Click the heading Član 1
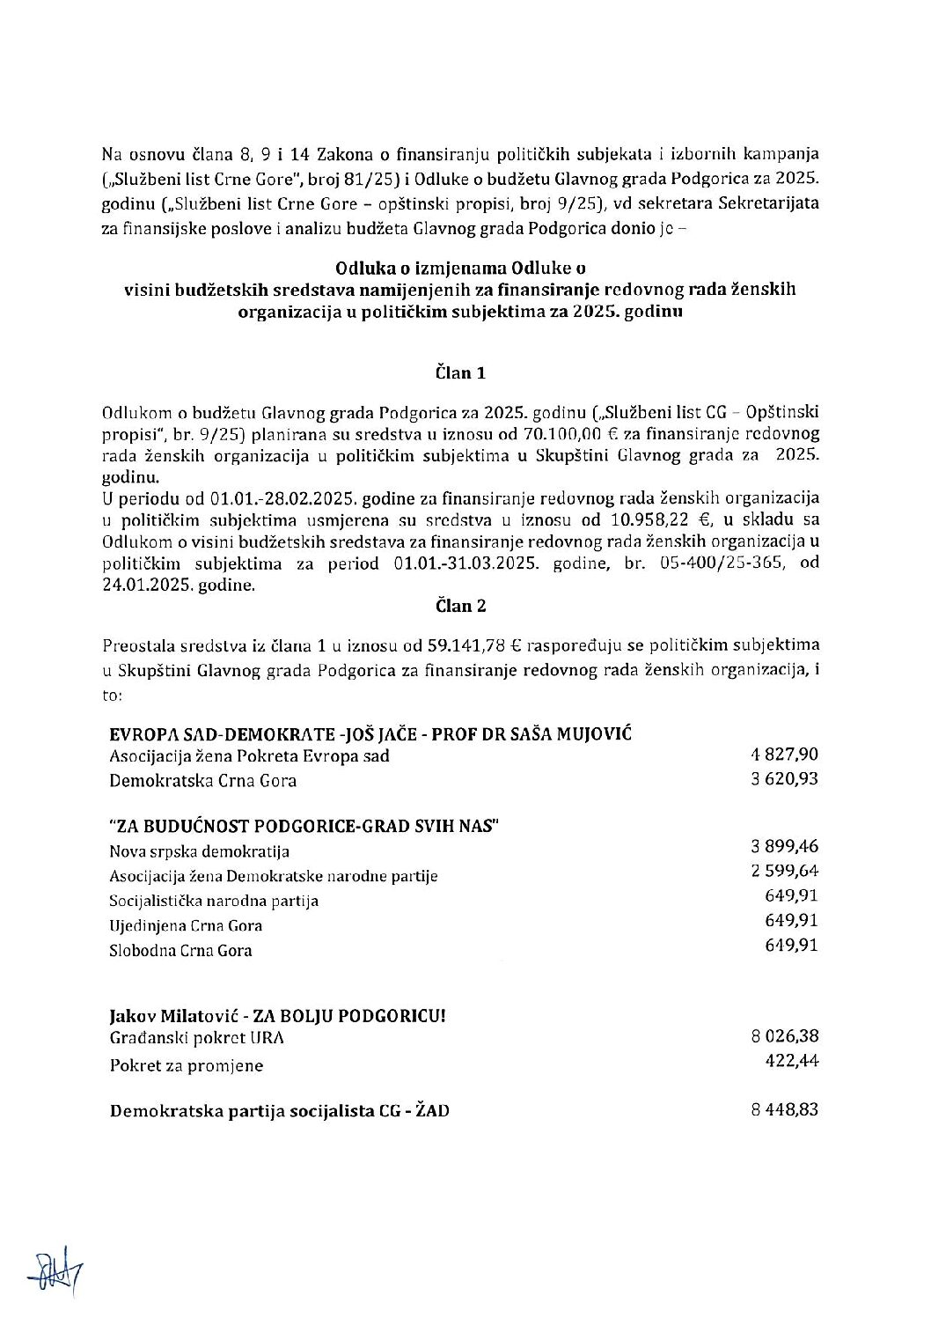(x=460, y=372)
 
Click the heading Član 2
(x=460, y=606)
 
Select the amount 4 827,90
(x=785, y=755)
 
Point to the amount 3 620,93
(x=785, y=779)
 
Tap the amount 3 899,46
(x=785, y=846)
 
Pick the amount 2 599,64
(x=785, y=871)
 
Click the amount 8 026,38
(x=785, y=1036)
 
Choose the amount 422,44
(x=794, y=1061)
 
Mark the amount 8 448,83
(x=785, y=1109)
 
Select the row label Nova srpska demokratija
(x=199, y=851)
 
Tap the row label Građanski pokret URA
(x=196, y=1038)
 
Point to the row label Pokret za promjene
(x=186, y=1065)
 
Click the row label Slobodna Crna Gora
(x=180, y=951)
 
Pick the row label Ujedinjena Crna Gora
(x=186, y=926)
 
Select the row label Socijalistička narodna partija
(x=214, y=901)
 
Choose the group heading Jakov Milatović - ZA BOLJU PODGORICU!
(x=277, y=1015)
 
